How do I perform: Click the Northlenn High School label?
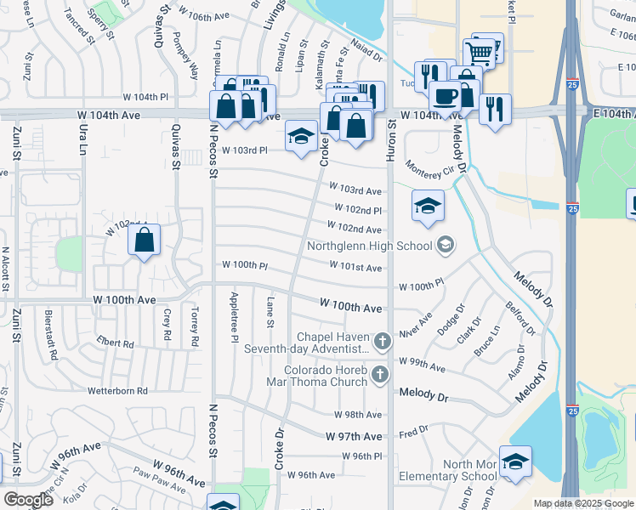[370, 246]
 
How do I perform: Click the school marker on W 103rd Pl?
[300, 137]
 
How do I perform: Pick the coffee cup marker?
[445, 97]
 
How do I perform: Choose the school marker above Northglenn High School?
[429, 206]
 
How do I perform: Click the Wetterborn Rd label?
[118, 391]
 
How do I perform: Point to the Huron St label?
[393, 136]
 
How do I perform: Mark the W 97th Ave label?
[354, 436]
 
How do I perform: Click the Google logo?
[28, 500]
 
